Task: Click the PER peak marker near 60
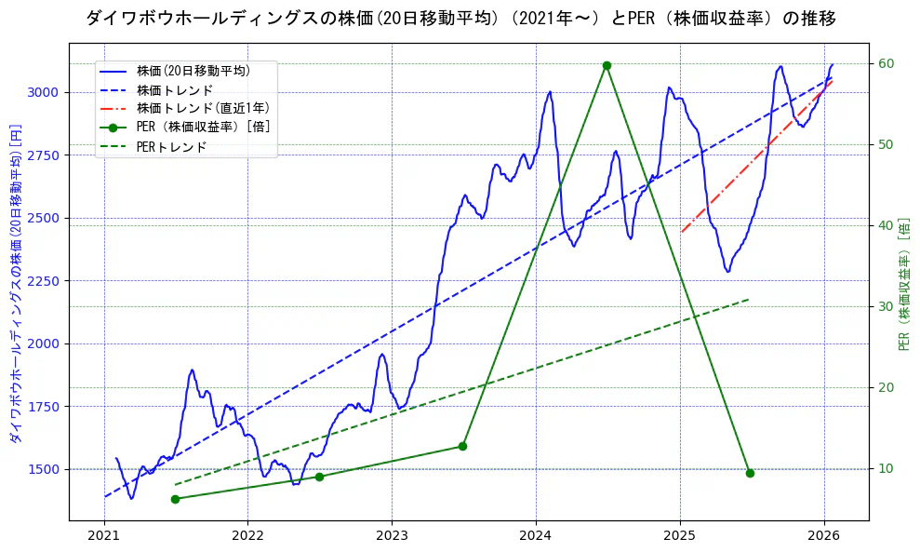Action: (607, 65)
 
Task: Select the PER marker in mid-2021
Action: (175, 499)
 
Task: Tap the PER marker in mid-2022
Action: (319, 477)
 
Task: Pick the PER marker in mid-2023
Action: (462, 447)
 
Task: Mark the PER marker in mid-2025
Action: (750, 473)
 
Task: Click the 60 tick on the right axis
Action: (886, 63)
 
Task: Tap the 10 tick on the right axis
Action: (886, 468)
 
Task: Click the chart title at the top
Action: (460, 18)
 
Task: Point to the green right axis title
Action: (904, 284)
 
